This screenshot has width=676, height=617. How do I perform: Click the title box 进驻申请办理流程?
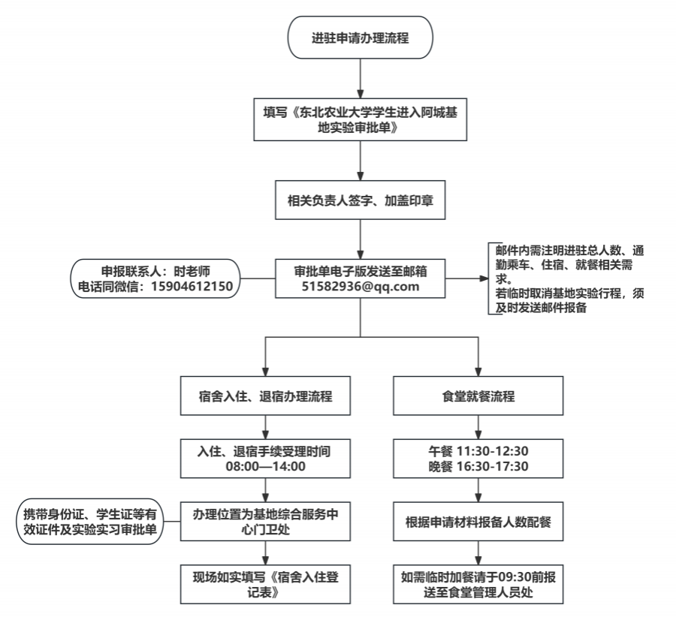click(x=360, y=38)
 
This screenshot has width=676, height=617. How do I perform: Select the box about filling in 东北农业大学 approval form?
click(x=360, y=120)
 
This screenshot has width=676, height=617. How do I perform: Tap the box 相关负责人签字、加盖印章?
click(x=360, y=200)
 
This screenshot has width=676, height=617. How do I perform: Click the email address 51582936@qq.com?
click(x=360, y=287)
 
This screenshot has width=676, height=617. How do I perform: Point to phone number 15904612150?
click(x=192, y=286)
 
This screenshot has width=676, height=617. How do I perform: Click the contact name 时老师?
click(x=192, y=271)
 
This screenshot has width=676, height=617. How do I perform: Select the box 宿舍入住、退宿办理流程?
click(x=265, y=396)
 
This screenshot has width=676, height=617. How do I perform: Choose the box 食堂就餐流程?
click(x=478, y=396)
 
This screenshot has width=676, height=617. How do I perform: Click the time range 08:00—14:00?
click(x=266, y=466)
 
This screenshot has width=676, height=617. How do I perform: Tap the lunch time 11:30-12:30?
click(x=492, y=451)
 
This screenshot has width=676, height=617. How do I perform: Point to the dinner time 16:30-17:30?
click(x=492, y=466)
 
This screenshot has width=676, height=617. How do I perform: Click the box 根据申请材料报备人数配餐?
click(x=478, y=522)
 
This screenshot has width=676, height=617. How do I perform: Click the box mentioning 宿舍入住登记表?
click(x=265, y=584)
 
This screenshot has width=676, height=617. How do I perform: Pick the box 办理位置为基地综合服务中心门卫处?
click(x=265, y=522)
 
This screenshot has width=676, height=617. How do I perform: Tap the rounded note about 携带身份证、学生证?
click(x=89, y=522)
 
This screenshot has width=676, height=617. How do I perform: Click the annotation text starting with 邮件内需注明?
click(x=569, y=278)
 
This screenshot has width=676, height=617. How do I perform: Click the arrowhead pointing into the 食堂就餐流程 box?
click(x=478, y=372)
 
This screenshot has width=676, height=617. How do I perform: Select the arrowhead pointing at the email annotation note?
click(x=484, y=278)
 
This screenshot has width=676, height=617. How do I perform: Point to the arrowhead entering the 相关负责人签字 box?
click(x=360, y=176)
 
